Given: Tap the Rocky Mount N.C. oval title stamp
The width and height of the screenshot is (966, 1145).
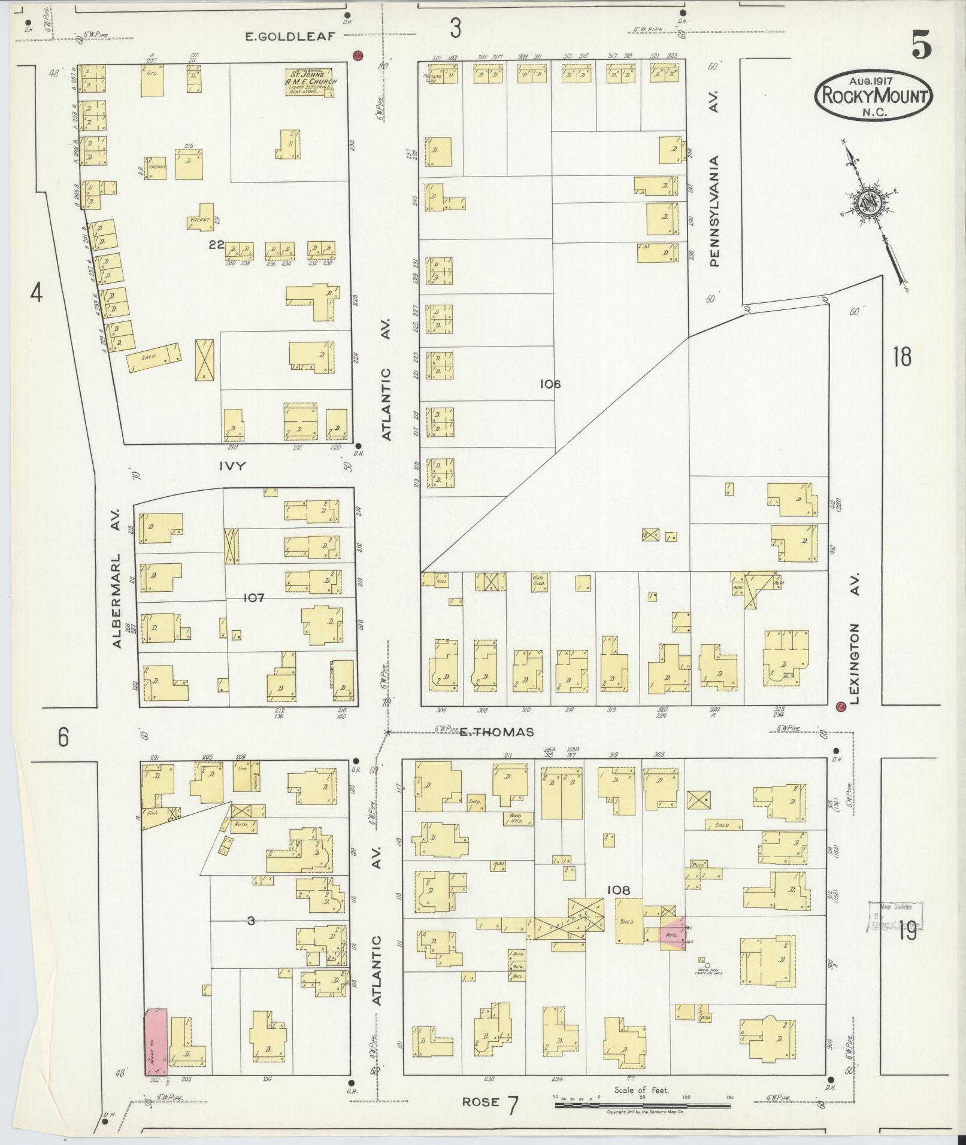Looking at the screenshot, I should pos(873,96).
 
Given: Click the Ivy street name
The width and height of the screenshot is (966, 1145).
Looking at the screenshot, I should pos(232,466).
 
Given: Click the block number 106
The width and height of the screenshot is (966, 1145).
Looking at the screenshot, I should pos(549,384).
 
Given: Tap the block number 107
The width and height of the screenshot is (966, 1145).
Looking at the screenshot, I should pos(255,597).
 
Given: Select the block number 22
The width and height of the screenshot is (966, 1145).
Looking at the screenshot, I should pos(216,244).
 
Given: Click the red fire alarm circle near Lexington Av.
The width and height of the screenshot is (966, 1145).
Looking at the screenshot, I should pos(841,706).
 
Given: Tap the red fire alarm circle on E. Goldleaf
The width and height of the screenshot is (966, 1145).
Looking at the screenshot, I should pos(358,55).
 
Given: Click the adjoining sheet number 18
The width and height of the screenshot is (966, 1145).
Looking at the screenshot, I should pos(901,357).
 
